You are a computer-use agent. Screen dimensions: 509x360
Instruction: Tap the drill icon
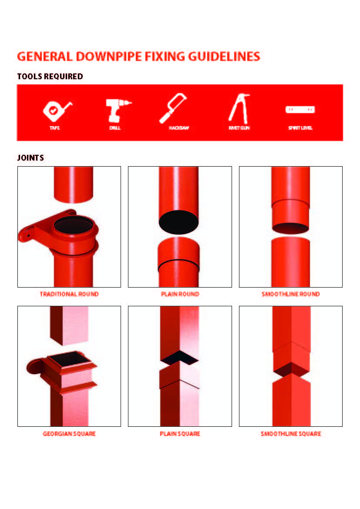tap(116, 111)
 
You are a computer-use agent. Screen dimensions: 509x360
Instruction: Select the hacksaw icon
tap(173, 109)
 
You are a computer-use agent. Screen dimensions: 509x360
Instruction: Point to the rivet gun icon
tap(239, 108)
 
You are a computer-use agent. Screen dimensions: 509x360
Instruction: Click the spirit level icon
tap(300, 110)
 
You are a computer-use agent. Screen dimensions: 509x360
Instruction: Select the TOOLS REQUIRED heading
tap(50, 77)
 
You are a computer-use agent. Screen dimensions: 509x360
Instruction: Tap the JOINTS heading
tap(30, 158)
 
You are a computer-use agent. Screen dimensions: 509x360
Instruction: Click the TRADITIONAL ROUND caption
tap(69, 295)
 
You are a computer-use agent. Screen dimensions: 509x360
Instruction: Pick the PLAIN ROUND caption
tap(180, 295)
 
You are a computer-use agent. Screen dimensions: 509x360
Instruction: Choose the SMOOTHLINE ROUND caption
tap(291, 295)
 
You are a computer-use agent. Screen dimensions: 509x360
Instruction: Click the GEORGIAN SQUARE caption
tap(69, 434)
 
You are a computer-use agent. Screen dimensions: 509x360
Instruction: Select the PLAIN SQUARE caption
tap(180, 434)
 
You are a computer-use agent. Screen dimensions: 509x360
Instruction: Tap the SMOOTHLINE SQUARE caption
tap(291, 434)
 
